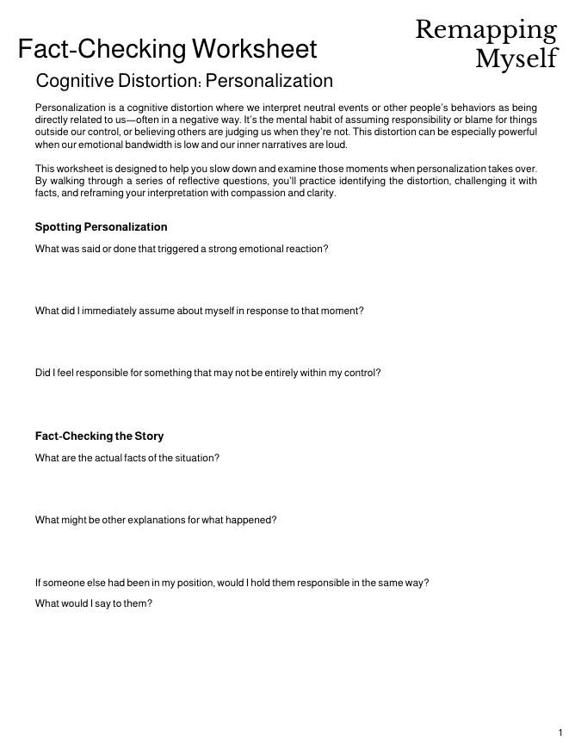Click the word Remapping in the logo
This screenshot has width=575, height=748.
pos(485,30)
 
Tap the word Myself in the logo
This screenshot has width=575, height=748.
pos(516,59)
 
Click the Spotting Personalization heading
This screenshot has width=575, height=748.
pos(101,227)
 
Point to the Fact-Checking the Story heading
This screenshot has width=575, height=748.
pos(99,436)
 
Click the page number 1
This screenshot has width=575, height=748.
pos(560,733)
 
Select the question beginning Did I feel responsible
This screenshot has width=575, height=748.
pos(207,373)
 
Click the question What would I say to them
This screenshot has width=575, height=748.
pos(93,603)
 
